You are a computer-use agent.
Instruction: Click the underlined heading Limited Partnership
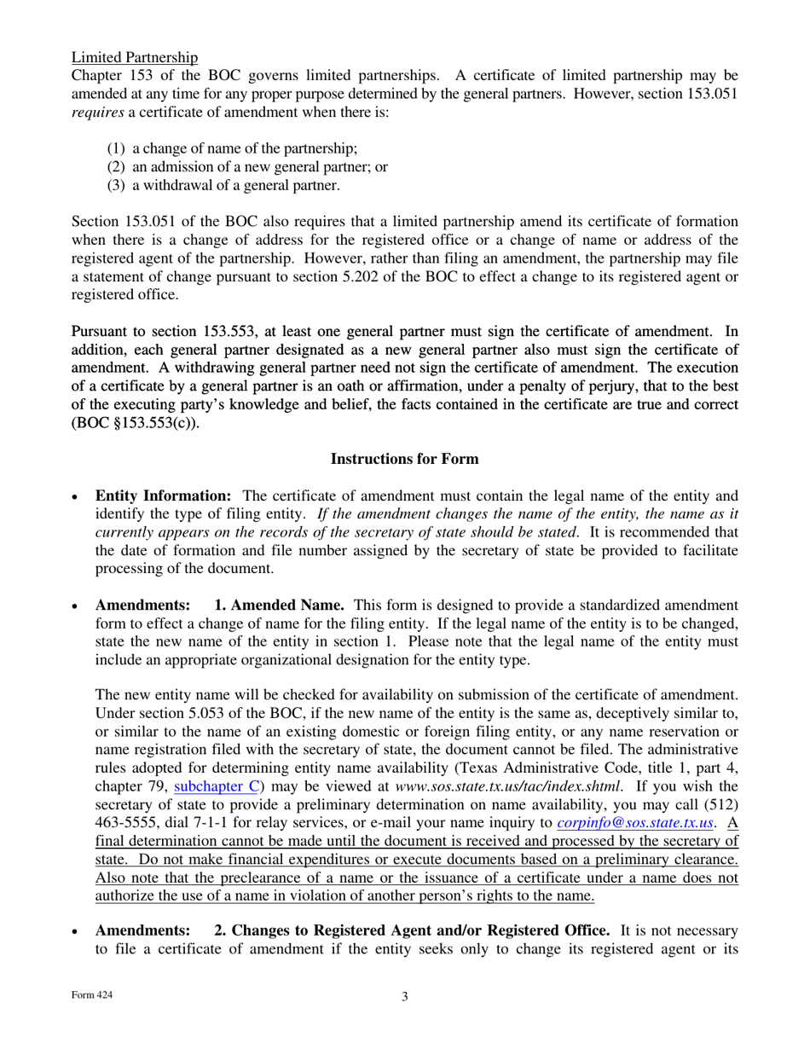coord(135,57)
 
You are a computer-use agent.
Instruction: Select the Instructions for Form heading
coord(404,459)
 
